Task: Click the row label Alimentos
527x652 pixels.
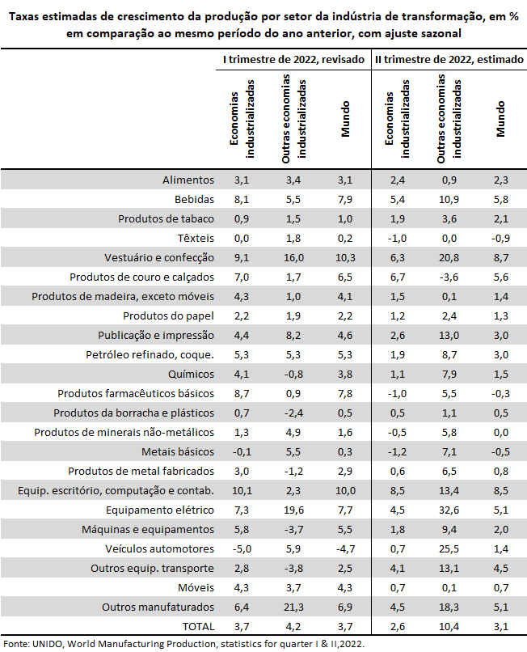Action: pyautogui.click(x=188, y=180)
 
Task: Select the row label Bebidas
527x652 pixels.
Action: pyautogui.click(x=194, y=200)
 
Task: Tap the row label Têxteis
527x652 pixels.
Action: pyautogui.click(x=196, y=239)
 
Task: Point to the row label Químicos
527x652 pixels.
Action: pyautogui.click(x=191, y=375)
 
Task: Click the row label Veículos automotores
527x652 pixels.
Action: pyautogui.click(x=159, y=549)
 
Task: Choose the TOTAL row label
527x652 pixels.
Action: pyautogui.click(x=198, y=627)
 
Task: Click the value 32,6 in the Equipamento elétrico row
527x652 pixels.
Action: pyautogui.click(x=449, y=510)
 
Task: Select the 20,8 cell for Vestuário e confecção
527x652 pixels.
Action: pyautogui.click(x=449, y=258)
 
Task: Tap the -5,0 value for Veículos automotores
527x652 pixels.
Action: pyautogui.click(x=242, y=549)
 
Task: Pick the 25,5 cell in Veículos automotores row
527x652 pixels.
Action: pyautogui.click(x=449, y=549)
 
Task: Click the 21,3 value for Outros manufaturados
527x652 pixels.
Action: pyautogui.click(x=293, y=607)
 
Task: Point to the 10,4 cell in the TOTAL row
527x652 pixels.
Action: pyautogui.click(x=449, y=627)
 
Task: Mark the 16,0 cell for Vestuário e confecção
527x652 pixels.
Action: pyautogui.click(x=293, y=258)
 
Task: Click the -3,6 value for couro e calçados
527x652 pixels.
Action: pyautogui.click(x=449, y=277)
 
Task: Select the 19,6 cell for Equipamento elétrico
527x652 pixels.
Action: pyautogui.click(x=293, y=510)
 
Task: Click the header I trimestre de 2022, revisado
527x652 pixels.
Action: pyautogui.click(x=293, y=60)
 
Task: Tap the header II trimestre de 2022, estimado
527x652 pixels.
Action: pyautogui.click(x=449, y=60)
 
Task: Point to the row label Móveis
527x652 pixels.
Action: pyautogui.click(x=196, y=588)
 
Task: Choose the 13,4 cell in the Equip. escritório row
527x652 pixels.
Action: pyautogui.click(x=449, y=491)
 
